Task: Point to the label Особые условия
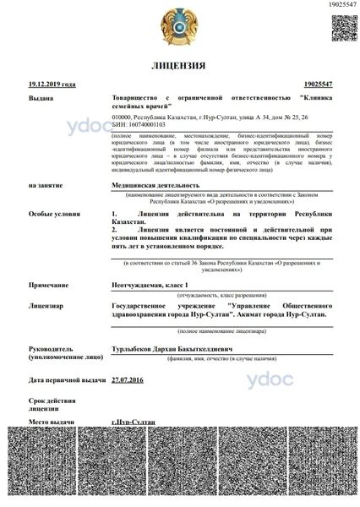pos(49,215)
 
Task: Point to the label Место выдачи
pos(49,420)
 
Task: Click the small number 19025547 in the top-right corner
pos(339,6)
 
